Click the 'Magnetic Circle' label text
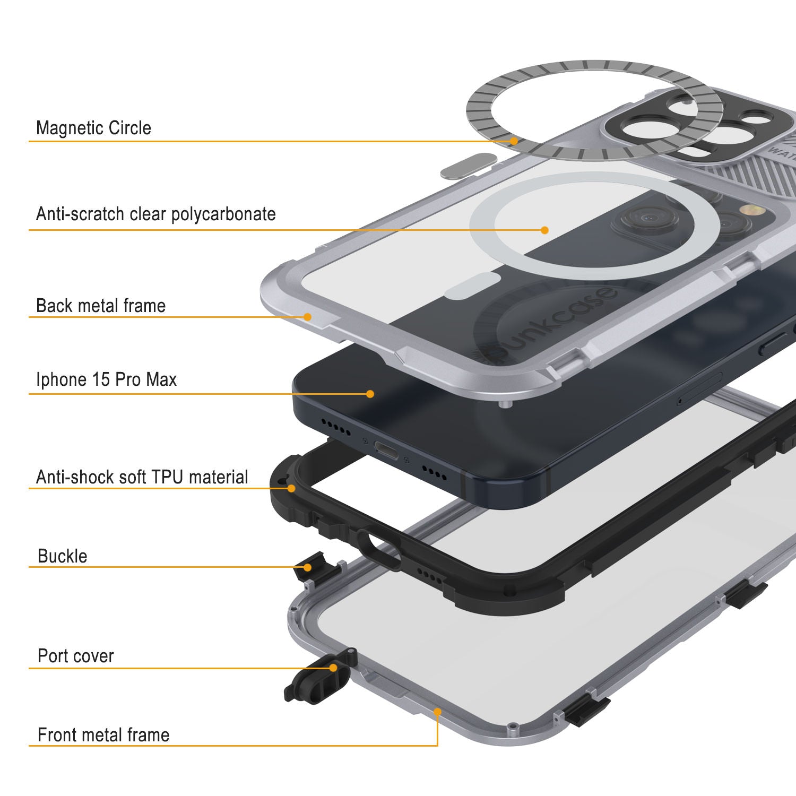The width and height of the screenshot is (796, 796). click(93, 128)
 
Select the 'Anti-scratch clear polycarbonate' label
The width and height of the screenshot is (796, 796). click(156, 214)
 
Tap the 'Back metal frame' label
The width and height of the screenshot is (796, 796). click(101, 306)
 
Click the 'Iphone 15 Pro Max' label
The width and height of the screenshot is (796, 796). click(106, 379)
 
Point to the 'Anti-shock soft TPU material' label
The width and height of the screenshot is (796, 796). click(142, 477)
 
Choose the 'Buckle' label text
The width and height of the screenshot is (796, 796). click(63, 556)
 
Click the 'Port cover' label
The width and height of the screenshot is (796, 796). click(76, 656)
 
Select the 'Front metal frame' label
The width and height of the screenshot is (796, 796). click(103, 735)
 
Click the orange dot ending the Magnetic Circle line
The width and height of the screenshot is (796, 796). click(514, 141)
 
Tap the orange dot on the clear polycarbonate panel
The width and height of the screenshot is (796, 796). click(544, 230)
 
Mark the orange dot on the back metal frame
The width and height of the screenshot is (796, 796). click(307, 317)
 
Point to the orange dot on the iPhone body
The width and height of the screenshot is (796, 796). click(370, 394)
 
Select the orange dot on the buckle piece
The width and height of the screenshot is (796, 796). click(307, 567)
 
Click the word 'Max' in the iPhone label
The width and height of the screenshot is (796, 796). click(162, 379)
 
